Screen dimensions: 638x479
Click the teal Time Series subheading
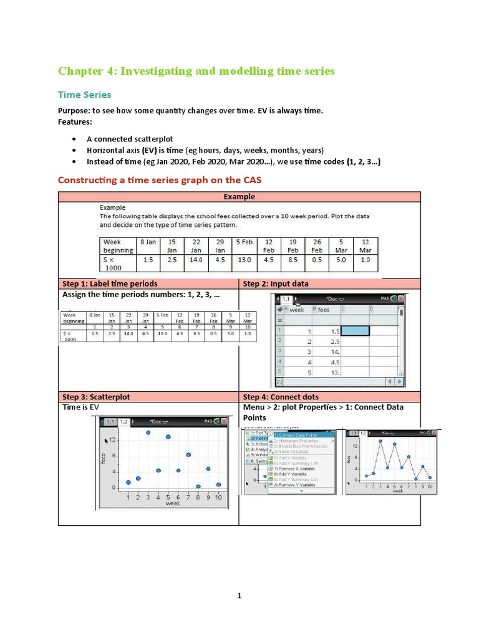pyautogui.click(x=84, y=95)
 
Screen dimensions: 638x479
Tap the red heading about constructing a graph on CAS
pyautogui.click(x=160, y=180)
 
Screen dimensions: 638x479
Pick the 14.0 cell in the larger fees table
pyautogui.click(x=196, y=260)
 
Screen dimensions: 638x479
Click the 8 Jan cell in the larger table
pyautogui.click(x=148, y=242)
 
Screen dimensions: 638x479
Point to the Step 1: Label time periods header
pyautogui.click(x=109, y=283)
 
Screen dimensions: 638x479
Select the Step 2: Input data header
pyautogui.click(x=276, y=283)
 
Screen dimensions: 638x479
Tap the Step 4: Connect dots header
pyautogui.click(x=281, y=397)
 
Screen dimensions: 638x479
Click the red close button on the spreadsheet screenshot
pyautogui.click(x=400, y=299)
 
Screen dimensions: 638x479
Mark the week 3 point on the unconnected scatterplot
pyautogui.click(x=148, y=432)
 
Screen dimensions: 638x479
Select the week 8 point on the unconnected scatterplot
pyautogui.click(x=198, y=487)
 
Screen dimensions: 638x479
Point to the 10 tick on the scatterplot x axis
pyautogui.click(x=218, y=497)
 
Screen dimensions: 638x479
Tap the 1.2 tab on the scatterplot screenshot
pyautogui.click(x=123, y=422)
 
